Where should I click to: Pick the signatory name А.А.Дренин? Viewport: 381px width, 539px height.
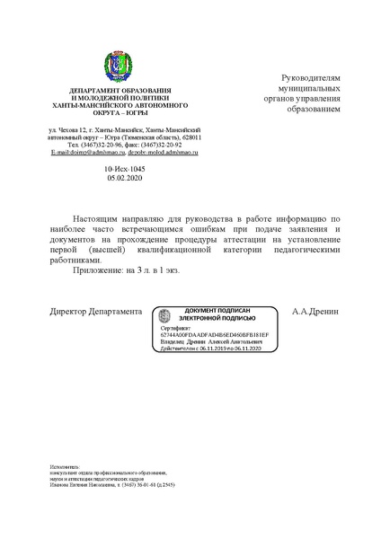click(317, 312)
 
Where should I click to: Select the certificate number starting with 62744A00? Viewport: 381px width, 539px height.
click(208, 335)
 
